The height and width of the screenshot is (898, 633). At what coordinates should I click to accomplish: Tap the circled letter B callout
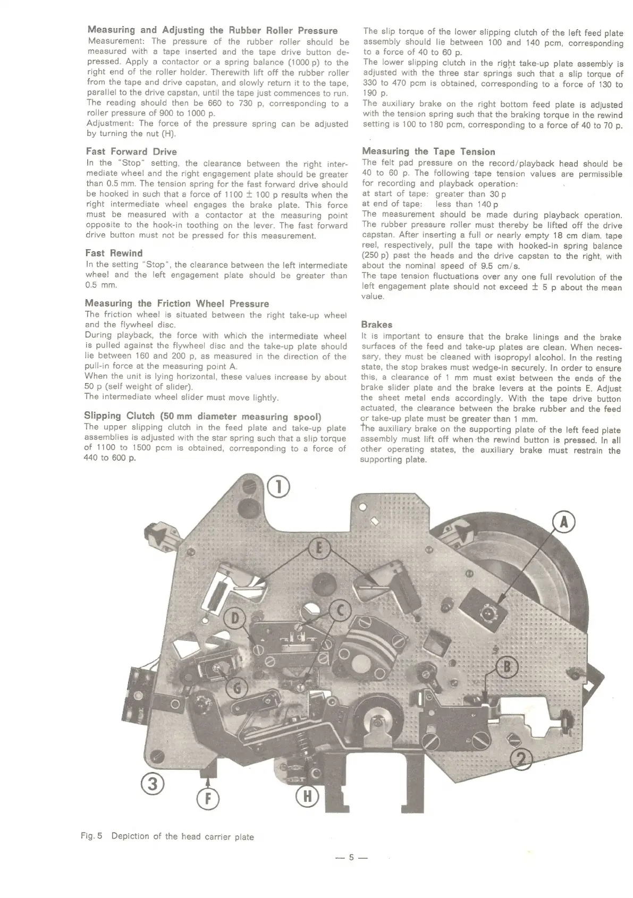pos(507,667)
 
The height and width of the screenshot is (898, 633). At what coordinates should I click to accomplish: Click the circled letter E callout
pos(319,549)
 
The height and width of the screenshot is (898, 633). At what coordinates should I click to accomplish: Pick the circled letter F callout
pos(208,799)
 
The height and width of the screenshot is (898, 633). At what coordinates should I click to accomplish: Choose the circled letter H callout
pos(307,797)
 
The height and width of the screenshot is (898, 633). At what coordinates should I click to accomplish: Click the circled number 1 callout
pos(278,487)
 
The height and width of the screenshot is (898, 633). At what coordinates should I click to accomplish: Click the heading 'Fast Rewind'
pos(114,253)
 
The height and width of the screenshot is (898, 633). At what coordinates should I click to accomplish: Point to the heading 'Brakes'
pos(376,325)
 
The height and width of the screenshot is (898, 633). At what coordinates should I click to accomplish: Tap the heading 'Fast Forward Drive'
pos(131,151)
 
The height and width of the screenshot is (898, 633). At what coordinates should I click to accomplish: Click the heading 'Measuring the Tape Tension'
pos(428,151)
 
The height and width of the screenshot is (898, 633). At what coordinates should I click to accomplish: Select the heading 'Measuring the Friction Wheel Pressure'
pos(176,303)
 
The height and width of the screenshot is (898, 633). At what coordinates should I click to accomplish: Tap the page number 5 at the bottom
pos(351,857)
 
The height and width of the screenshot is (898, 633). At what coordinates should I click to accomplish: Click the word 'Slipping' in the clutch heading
pos(103,416)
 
